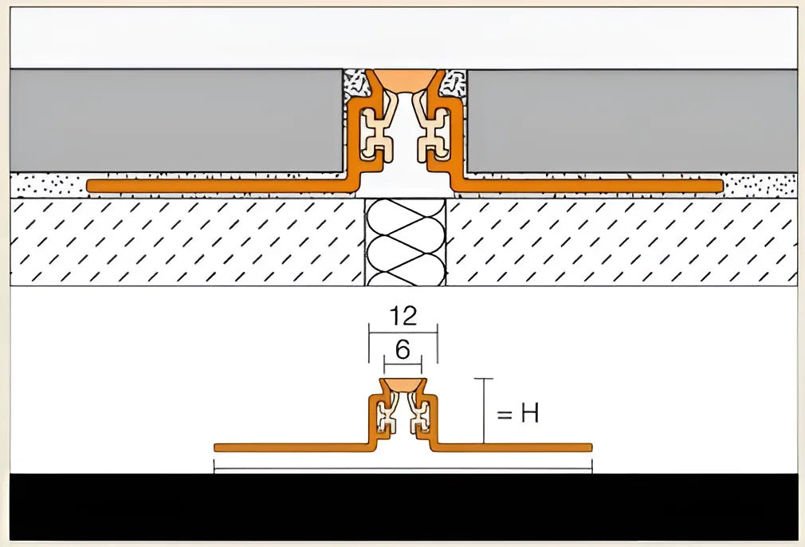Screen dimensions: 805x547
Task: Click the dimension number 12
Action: point(403,316)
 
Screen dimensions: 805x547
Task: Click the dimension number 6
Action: point(403,350)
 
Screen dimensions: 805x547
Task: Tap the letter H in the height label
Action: point(529,413)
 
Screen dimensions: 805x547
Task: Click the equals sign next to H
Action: point(505,414)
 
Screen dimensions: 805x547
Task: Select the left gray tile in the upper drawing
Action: point(176,120)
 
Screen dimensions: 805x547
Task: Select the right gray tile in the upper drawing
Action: point(632,120)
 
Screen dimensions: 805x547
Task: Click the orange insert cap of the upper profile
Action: point(405,80)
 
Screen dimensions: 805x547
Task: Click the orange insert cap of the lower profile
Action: point(403,385)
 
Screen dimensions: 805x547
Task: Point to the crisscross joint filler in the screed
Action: point(405,242)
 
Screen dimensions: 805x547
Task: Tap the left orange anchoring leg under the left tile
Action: point(221,186)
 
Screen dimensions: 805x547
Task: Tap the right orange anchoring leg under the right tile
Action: point(588,186)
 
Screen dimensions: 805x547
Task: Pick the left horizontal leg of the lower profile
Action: point(293,447)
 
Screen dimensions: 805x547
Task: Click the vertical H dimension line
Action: point(484,411)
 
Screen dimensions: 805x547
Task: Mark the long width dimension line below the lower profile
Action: point(403,468)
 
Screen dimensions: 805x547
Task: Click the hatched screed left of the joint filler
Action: point(187,242)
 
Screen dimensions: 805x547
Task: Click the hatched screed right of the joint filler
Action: point(622,242)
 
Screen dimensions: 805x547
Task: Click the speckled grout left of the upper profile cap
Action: point(354,84)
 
